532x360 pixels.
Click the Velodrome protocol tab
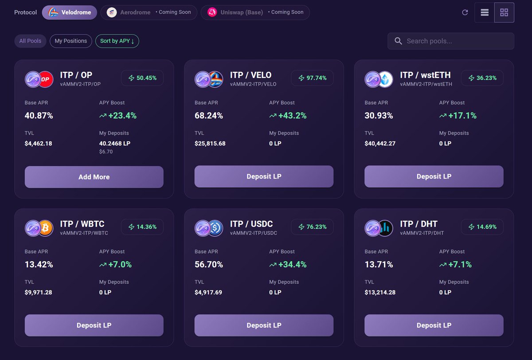70,12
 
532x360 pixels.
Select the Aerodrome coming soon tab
149,12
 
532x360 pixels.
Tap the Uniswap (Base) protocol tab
255,12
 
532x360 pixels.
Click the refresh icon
465,12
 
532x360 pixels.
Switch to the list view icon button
485,12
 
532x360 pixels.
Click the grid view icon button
504,12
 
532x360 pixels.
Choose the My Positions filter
71,41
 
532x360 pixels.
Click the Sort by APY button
117,41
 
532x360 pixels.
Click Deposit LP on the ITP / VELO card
264,176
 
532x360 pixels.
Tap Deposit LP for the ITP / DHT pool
434,325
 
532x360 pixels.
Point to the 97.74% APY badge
312,78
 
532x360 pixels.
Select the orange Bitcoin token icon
45,228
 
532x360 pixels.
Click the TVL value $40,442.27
380,144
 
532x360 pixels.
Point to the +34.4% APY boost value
292,265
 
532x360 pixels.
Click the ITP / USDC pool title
251,224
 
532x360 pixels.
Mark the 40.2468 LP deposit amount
115,144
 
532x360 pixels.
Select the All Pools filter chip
30,41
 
